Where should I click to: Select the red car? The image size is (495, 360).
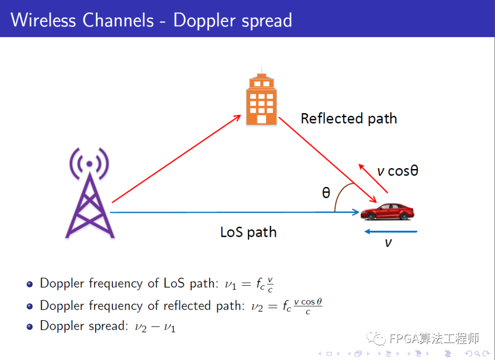[387, 212]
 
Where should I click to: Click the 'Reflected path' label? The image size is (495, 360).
[348, 119]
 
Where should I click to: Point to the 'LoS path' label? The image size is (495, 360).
[248, 232]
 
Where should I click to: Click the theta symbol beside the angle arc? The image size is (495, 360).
[326, 193]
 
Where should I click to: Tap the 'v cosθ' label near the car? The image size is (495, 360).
[398, 171]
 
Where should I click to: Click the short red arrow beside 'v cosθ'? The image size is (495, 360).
[373, 178]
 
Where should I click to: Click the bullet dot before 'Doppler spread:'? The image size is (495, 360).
[30, 327]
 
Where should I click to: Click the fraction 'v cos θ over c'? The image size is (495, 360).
[308, 306]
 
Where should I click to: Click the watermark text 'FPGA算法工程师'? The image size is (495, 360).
[434, 339]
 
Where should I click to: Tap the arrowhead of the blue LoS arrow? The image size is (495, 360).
[355, 212]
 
